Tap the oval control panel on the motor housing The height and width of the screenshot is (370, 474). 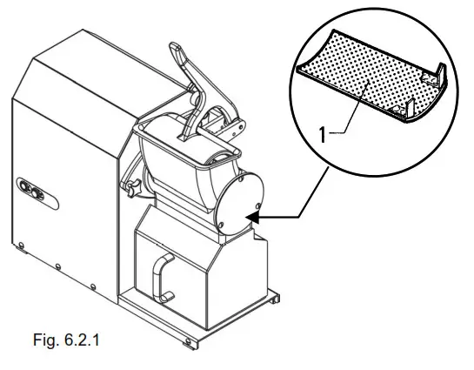point(29,188)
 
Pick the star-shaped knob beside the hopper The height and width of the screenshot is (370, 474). point(133,187)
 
